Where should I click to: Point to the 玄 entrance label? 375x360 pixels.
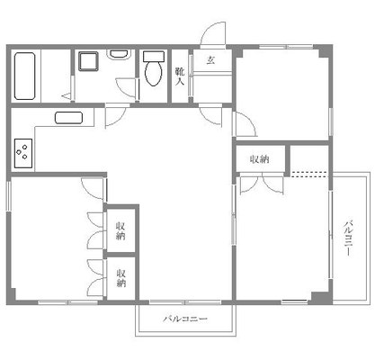(x=210, y=60)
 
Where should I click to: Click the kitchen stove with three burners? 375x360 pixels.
(x=23, y=153)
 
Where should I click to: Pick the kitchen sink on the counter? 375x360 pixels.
(x=68, y=116)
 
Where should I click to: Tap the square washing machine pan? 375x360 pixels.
(x=88, y=62)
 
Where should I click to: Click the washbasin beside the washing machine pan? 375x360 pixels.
(x=118, y=55)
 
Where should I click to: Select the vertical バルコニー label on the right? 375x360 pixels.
(x=347, y=236)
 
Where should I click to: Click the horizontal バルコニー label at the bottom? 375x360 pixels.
(x=186, y=319)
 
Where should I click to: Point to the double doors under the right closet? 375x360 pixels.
(x=262, y=182)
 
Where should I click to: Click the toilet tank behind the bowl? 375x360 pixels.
(x=152, y=58)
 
